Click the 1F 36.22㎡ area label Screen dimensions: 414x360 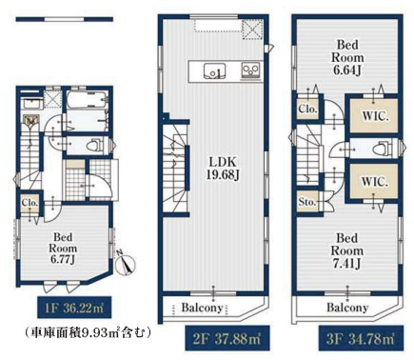coord(74,308)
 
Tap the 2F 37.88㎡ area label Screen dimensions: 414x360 coord(227,339)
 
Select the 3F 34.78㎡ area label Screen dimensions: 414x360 coord(361,339)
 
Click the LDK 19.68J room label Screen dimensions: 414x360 coord(223,169)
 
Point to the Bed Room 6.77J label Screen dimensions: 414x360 coord(63,249)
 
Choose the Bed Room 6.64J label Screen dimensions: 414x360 coord(347,57)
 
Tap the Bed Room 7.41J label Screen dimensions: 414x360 coord(347,250)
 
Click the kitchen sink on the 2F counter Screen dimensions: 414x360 coord(215,70)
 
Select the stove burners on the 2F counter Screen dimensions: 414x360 coord(251,70)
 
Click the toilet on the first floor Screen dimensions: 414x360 coord(94,146)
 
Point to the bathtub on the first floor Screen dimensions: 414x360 coord(87,100)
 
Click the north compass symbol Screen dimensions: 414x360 coord(125,263)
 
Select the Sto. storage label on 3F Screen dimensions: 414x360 coord(307,202)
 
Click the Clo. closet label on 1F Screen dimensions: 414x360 coord(30,203)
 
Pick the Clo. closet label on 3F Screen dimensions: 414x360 coord(307,109)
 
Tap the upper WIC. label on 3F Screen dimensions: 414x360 coord(376,116)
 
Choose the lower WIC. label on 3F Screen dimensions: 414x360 coord(375,182)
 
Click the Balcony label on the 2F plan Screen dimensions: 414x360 coord(202,308)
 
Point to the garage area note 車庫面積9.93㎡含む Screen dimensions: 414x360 coord(87,332)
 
